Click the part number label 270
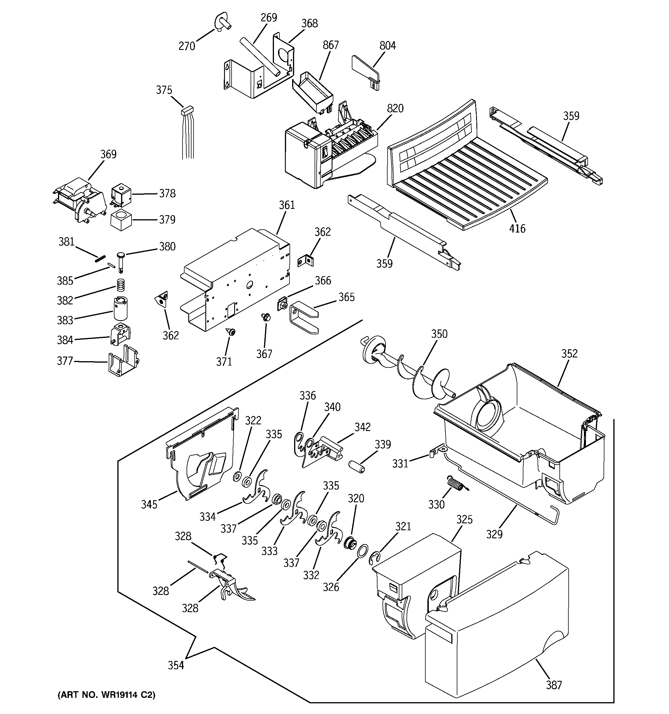[187, 46]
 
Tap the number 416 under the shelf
[517, 228]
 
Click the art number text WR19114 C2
[107, 695]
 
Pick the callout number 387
[554, 685]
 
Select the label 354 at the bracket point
[176, 665]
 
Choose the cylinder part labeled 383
[121, 308]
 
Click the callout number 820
[395, 108]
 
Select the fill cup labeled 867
[312, 91]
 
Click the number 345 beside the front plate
[149, 504]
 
